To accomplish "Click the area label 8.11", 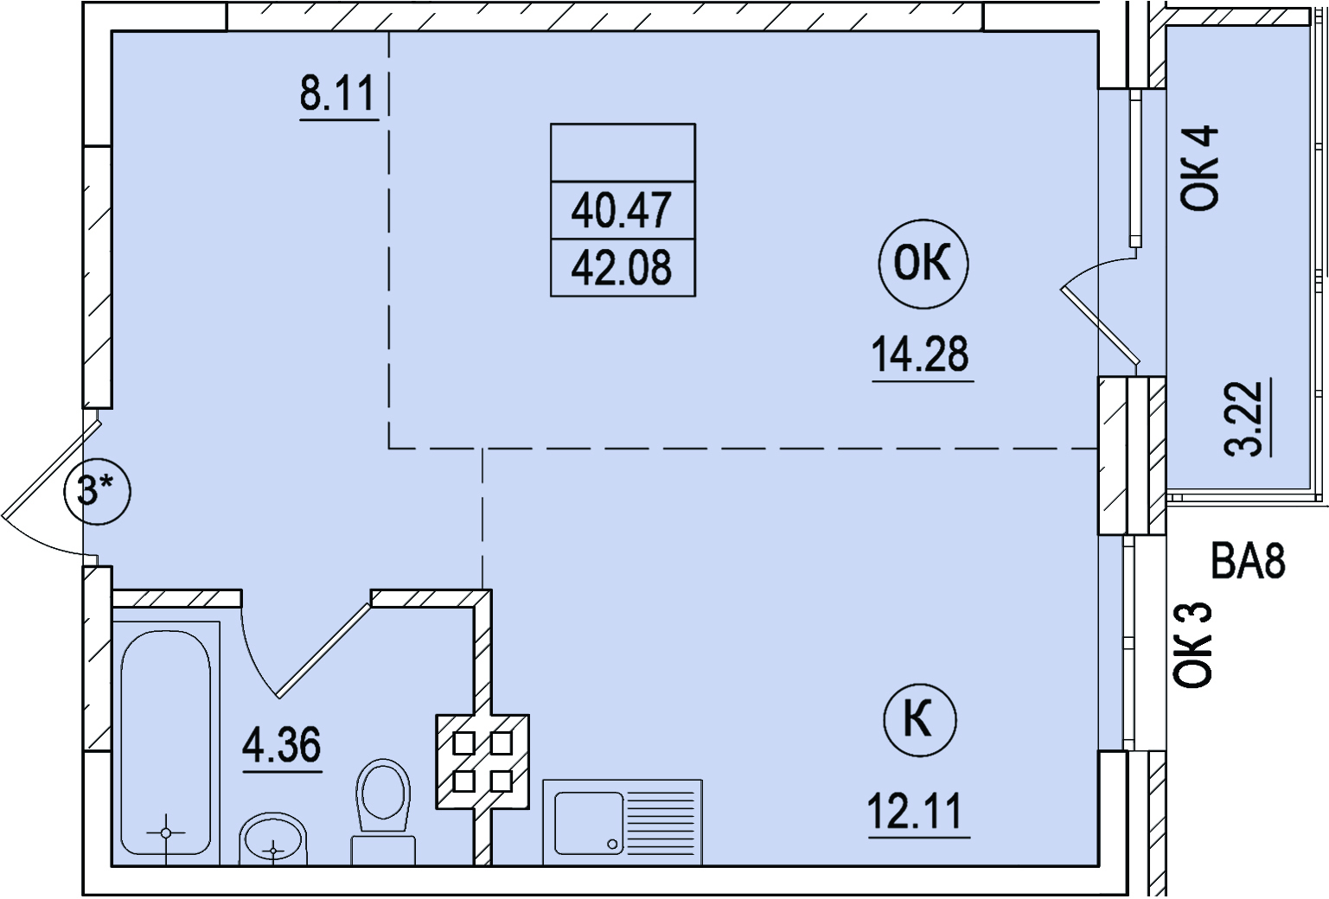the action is point(337,93).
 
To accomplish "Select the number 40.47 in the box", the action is point(621,210).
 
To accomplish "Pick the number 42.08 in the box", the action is point(621,267).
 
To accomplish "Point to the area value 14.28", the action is point(920,354).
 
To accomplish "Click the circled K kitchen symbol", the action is point(920,720).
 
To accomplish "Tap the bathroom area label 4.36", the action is point(281,745).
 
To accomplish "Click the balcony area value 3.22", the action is point(1243,418).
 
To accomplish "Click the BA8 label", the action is point(1249,561).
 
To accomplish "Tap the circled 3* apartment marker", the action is point(98,492).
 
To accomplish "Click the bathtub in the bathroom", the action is point(166,743).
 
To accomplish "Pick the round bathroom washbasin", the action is point(273,839).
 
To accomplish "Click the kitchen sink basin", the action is point(589,823).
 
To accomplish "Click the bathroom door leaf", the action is point(324,650).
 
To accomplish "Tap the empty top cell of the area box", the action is point(623,152).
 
